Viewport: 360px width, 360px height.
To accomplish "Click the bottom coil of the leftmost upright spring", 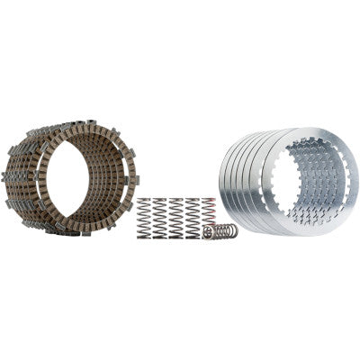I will (x=143, y=237).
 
